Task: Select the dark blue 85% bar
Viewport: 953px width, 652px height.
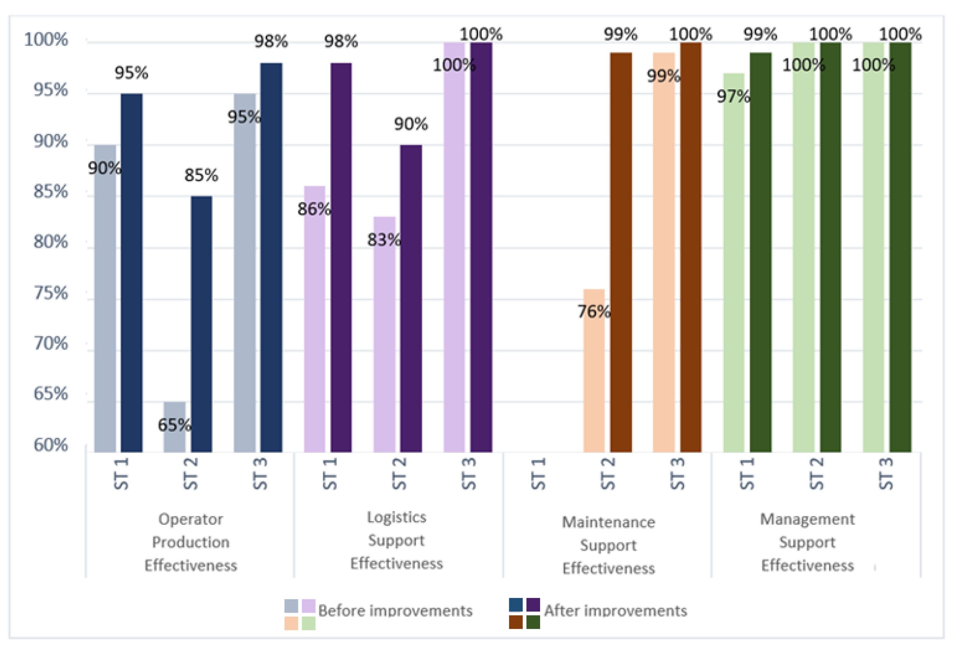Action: click(201, 324)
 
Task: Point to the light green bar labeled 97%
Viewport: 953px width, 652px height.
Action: click(734, 263)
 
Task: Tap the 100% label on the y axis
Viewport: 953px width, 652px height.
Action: click(46, 40)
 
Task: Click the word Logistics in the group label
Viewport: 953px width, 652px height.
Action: click(396, 518)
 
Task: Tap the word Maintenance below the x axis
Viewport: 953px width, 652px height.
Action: click(608, 522)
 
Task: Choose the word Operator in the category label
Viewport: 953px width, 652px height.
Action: click(191, 520)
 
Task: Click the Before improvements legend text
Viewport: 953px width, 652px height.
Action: click(395, 611)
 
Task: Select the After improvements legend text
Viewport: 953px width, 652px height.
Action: click(615, 611)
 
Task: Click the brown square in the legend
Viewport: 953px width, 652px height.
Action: click(515, 622)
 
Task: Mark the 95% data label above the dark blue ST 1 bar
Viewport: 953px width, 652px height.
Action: click(131, 73)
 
